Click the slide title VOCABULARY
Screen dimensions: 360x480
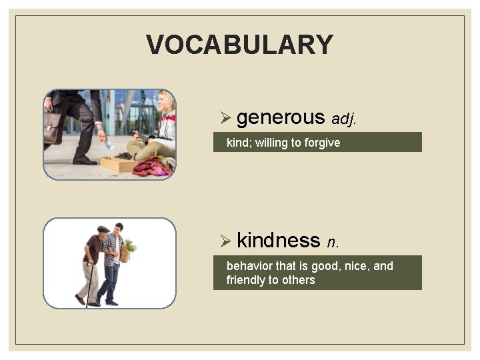239,45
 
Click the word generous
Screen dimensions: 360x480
280,117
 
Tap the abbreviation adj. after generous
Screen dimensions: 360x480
344,119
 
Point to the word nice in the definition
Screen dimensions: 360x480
357,266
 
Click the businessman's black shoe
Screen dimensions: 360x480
85,160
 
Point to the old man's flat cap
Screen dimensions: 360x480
103,229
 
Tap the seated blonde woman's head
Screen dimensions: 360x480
167,101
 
